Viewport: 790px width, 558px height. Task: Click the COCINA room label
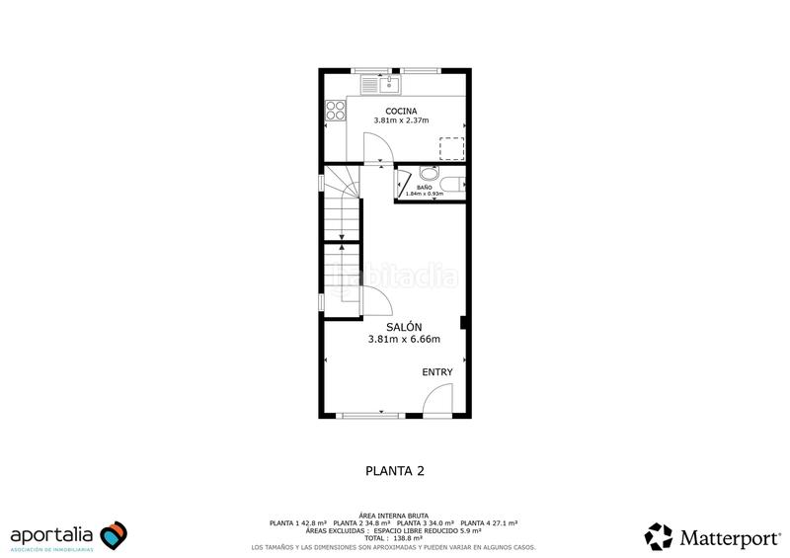401,111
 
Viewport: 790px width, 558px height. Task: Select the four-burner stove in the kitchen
331,114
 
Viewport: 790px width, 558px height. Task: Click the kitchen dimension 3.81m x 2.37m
401,121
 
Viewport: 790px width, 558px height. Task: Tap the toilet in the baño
452,183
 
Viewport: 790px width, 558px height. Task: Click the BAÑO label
425,187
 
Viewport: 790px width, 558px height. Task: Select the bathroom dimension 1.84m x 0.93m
425,194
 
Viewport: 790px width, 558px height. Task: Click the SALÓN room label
403,327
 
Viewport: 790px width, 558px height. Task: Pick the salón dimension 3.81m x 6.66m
403,339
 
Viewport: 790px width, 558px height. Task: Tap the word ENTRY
437,372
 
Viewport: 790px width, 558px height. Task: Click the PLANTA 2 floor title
394,471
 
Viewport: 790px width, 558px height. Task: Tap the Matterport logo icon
659,535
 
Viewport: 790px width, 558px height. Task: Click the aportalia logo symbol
114,535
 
